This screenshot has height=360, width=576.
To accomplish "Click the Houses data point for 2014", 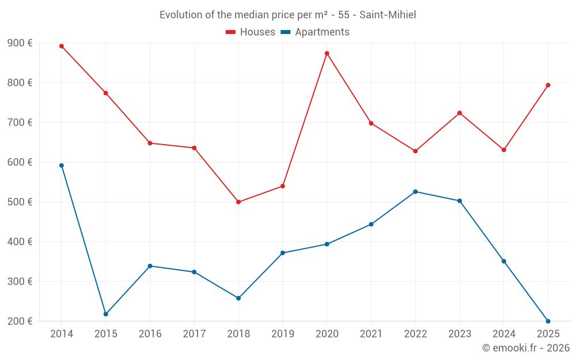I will pyautogui.click(x=62, y=46).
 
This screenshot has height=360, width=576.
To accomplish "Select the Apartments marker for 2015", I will pyautogui.click(x=106, y=314).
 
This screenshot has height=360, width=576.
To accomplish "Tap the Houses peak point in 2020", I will pyautogui.click(x=327, y=54).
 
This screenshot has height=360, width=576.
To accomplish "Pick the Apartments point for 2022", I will pyautogui.click(x=415, y=192).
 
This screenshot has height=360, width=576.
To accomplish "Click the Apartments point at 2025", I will pyautogui.click(x=548, y=321).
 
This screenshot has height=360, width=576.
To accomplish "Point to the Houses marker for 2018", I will pyautogui.click(x=238, y=202).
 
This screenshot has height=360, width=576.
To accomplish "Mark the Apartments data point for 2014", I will pyautogui.click(x=62, y=165).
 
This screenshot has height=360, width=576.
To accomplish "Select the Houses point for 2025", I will pyautogui.click(x=548, y=85).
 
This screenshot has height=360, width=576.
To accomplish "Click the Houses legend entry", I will pyautogui.click(x=251, y=32).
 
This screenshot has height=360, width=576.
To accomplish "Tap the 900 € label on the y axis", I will pyautogui.click(x=20, y=43).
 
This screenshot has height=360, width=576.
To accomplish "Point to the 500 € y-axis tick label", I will pyautogui.click(x=20, y=202).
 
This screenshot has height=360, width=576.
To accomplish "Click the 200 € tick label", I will pyautogui.click(x=20, y=321).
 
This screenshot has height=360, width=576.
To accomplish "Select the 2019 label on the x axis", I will pyautogui.click(x=283, y=334).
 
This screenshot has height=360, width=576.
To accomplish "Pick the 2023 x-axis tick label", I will pyautogui.click(x=460, y=334).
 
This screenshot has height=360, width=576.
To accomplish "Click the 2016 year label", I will pyautogui.click(x=150, y=334).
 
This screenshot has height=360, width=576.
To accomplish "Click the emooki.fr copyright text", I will pyautogui.click(x=526, y=348).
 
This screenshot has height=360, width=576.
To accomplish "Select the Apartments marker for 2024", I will pyautogui.click(x=504, y=262).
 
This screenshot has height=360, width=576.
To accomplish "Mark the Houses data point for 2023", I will pyautogui.click(x=460, y=113).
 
